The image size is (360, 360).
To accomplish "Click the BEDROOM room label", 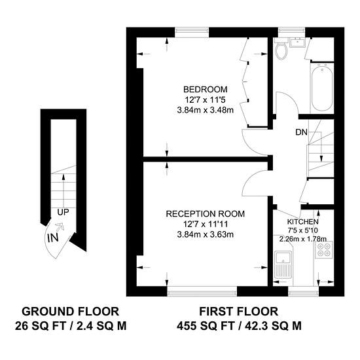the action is tap(206, 89).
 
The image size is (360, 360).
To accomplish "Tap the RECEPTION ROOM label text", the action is tap(206, 214).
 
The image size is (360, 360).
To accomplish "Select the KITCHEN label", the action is tap(303, 222).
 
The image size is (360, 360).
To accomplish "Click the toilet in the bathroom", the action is tap(281, 49).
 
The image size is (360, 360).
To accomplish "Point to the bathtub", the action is tap(322, 88).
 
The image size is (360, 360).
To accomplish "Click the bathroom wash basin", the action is tap(297, 43).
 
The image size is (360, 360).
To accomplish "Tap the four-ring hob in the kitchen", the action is tap(324, 250).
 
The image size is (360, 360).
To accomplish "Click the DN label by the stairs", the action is tap(301, 132).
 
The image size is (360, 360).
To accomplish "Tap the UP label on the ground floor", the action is tap(63, 212).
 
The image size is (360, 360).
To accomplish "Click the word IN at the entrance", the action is tap(53, 238).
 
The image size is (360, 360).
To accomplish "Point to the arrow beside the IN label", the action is tap(60, 227).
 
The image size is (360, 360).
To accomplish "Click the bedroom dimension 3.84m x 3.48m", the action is tap(206, 111).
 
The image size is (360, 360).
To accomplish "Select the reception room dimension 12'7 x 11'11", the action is tap(206, 224).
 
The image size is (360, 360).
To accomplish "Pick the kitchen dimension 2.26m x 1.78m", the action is tap(303, 239).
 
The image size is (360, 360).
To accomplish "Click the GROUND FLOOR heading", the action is tap(71, 312).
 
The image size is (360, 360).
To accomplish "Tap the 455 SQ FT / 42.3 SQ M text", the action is tap(239, 326).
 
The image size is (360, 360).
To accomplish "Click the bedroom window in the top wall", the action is tap(192, 32).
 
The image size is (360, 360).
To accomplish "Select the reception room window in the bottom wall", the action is tap(202, 291).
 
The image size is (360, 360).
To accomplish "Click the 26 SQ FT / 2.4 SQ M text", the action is tap(71, 326).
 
